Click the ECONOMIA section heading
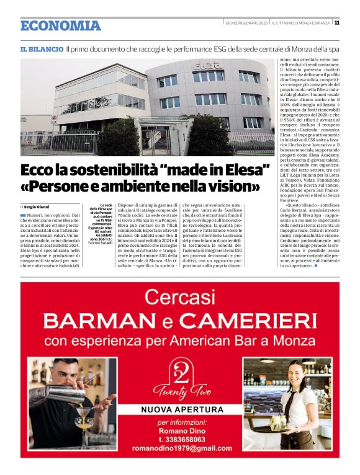(60, 25)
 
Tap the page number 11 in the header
(336, 22)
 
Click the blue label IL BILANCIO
(42, 48)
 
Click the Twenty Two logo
(179, 378)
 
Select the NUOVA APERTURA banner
(179, 410)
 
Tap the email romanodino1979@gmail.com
(180, 447)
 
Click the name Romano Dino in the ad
(179, 429)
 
